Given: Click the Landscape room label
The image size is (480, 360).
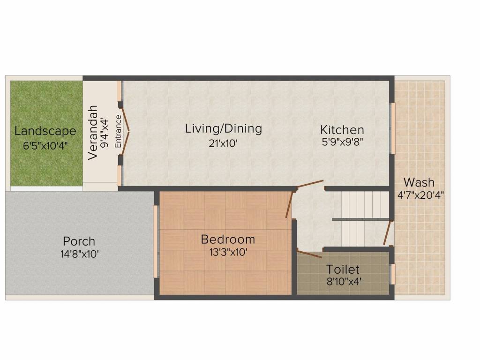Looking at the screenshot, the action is (x=45, y=131).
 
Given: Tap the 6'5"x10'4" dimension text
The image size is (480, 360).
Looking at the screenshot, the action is (x=45, y=145).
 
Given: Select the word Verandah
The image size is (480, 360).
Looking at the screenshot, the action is (x=93, y=133).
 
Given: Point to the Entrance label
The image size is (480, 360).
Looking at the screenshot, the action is (x=118, y=131).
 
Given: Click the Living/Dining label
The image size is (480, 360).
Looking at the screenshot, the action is (x=224, y=128).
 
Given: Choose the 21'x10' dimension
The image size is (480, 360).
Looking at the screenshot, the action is (x=223, y=143).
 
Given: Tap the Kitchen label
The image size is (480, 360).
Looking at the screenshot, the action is (x=342, y=130).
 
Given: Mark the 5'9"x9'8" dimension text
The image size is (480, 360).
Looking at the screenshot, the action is (x=342, y=142).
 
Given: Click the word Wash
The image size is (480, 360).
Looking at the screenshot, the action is (x=419, y=182).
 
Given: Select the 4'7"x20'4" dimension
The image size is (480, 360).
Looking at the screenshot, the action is (x=420, y=195).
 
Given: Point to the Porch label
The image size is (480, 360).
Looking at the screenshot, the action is (x=79, y=241).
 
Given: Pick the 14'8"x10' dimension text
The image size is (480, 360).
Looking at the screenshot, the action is (x=79, y=254).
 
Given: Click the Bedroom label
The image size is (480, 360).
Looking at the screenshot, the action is (x=228, y=239).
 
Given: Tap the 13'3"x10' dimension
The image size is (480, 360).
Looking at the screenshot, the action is (x=228, y=252).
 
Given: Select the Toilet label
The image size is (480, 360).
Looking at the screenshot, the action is (x=343, y=270).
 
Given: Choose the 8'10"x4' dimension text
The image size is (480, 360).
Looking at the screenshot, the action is (x=344, y=281).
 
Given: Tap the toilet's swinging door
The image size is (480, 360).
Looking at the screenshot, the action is (x=309, y=254).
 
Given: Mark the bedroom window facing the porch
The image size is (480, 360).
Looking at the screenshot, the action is (x=156, y=241).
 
